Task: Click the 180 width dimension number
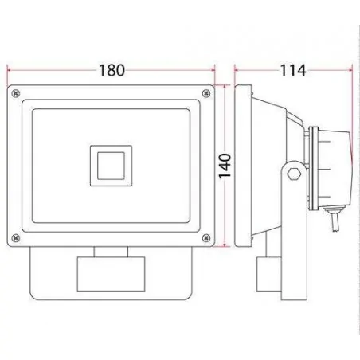pos(112,69)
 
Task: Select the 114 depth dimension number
pos(294,70)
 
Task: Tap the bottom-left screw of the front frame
pos(15,236)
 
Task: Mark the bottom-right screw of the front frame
pos(207,236)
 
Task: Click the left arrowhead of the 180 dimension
pos(10,70)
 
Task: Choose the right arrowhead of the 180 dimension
pos(213,70)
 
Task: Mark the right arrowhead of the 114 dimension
pos(350,70)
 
